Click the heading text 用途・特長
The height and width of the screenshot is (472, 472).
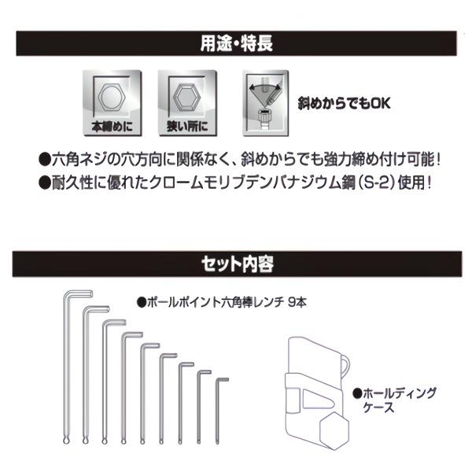point(236,43)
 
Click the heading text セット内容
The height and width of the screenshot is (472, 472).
point(236,263)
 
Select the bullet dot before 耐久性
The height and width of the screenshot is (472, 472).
point(44,180)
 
